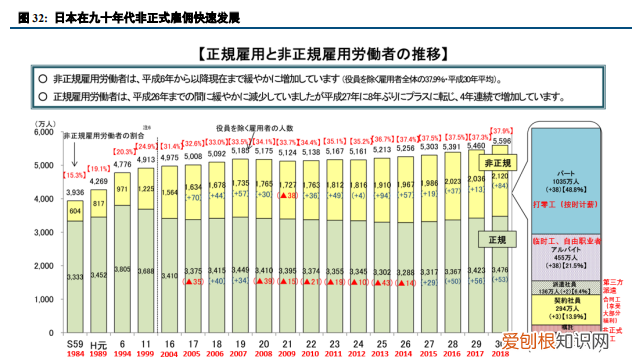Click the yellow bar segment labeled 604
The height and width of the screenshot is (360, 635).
tap(76, 211)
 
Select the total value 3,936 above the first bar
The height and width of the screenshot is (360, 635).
tap(76, 192)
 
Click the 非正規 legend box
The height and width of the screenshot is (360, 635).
tap(499, 162)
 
